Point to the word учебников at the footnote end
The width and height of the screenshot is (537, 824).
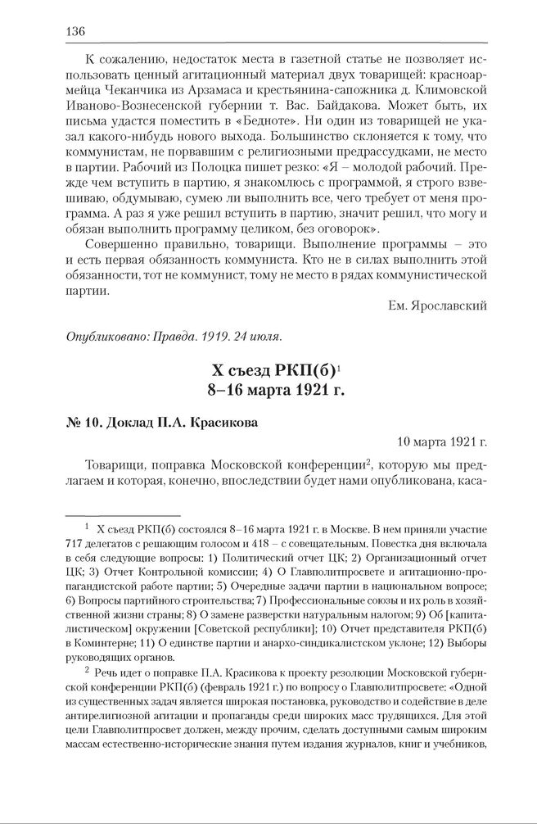click(x=458, y=746)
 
